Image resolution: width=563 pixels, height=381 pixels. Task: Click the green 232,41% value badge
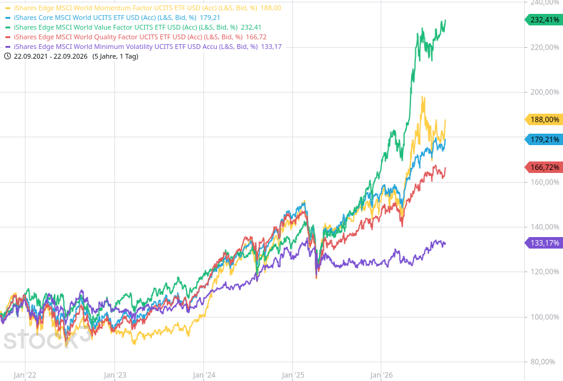coord(544,20)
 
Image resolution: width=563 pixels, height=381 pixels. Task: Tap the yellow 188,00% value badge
coord(544,120)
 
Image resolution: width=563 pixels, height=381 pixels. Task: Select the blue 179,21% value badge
coord(544,140)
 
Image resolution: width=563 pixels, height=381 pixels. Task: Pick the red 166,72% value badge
coord(544,167)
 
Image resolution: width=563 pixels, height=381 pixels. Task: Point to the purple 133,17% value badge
coord(544,243)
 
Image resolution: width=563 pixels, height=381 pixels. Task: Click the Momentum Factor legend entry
coord(143,8)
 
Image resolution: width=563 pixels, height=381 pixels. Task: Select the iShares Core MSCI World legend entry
coord(113,18)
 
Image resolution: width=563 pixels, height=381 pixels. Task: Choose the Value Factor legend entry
coord(133,27)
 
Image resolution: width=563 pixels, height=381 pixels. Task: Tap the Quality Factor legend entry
coord(136,37)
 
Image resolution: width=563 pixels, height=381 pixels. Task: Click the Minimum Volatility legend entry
coord(143,47)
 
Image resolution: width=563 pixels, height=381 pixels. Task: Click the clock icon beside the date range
coord(7,56)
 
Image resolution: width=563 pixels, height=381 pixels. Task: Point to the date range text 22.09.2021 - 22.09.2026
coord(51,56)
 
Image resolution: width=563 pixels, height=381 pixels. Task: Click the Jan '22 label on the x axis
coord(25,376)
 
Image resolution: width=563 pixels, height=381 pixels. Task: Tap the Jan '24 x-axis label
coord(204,376)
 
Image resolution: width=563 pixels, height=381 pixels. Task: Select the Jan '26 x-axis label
coord(381,376)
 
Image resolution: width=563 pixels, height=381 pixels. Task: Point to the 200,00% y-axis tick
coord(545,92)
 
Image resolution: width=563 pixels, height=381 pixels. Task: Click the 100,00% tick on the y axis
coord(545,317)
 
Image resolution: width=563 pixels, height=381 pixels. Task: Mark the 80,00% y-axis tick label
coord(547,362)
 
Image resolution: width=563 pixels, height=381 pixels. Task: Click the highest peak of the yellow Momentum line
coord(423,97)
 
